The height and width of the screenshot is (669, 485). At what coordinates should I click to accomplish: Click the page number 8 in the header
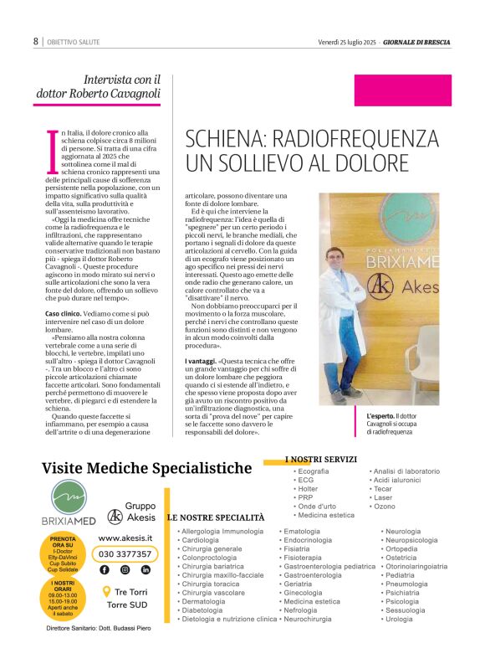tap(36, 41)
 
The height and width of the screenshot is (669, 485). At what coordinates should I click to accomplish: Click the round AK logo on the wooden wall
tap(380, 286)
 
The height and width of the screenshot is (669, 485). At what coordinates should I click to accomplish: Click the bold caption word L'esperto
tap(380, 416)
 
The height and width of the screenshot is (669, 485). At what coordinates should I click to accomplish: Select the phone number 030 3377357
tap(125, 553)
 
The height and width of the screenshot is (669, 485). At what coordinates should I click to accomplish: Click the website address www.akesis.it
tap(125, 538)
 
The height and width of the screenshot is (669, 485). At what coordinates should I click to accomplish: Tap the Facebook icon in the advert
tap(105, 569)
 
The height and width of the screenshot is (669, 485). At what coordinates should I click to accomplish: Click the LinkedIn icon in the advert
tap(145, 569)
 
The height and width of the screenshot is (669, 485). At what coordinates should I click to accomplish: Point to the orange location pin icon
tap(106, 592)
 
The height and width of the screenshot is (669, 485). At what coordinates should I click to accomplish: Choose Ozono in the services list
tap(385, 507)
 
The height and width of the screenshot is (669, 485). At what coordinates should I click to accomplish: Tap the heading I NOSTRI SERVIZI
tap(321, 459)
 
